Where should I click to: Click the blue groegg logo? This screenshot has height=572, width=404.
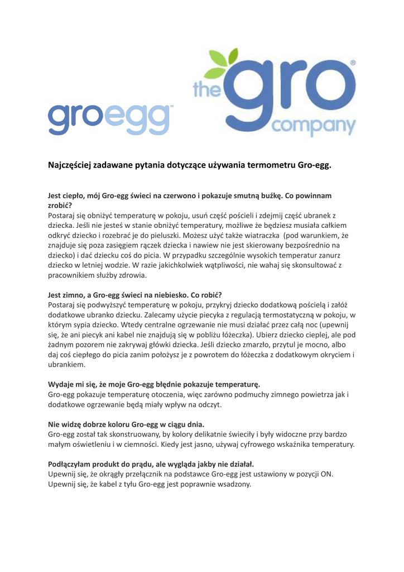[x=110, y=117]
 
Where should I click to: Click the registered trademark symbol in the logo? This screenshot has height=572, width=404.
[x=352, y=64]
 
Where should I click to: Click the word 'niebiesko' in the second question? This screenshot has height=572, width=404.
[x=172, y=294]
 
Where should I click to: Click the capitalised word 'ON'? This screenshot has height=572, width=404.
[x=326, y=474]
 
